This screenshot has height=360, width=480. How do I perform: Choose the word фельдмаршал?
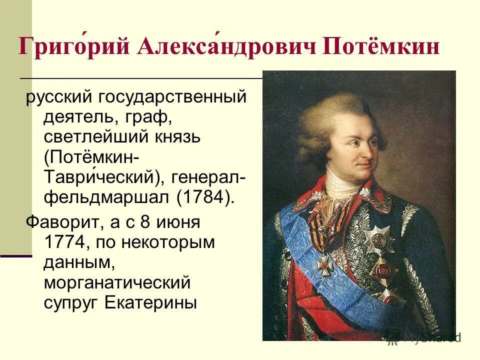107,196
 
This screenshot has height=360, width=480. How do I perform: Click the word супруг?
72,302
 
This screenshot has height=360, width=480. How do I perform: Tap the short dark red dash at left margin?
16,255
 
